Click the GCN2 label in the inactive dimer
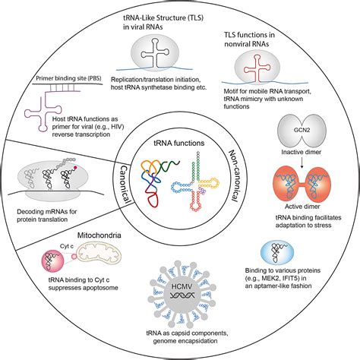(x=302, y=130)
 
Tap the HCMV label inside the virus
(x=182, y=286)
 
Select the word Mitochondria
(x=99, y=235)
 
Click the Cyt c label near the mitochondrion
(x=67, y=246)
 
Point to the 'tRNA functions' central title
(x=179, y=143)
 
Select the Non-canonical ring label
(x=232, y=175)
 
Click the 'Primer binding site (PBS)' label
(x=68, y=78)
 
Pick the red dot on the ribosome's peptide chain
(x=75, y=167)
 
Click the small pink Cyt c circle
(x=74, y=257)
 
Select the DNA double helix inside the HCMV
(x=182, y=295)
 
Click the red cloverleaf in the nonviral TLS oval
(x=257, y=68)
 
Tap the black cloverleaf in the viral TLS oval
(x=155, y=53)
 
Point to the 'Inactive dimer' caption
(x=302, y=152)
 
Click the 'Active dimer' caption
(x=302, y=207)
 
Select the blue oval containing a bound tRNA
(x=277, y=254)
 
